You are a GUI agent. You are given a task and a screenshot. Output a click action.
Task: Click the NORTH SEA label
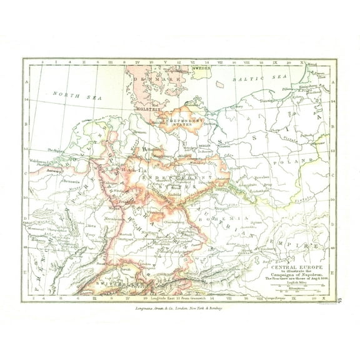pos(69,95)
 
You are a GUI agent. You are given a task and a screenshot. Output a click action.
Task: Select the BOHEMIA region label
pos(219,217)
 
